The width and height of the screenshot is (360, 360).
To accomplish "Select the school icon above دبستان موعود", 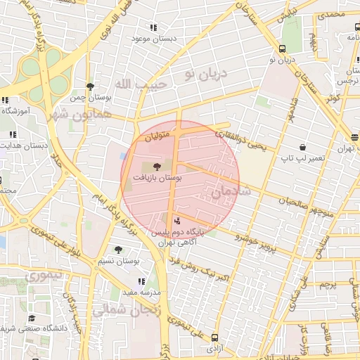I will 153,27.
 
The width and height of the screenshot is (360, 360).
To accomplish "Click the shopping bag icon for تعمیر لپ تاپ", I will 302,148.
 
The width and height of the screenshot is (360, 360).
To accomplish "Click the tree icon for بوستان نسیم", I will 117,250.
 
